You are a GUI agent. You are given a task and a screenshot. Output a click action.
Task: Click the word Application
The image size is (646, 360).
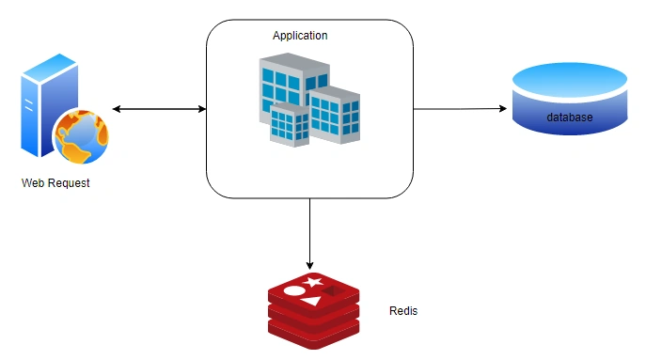(300, 36)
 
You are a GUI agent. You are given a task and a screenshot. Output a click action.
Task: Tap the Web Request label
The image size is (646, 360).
(55, 183)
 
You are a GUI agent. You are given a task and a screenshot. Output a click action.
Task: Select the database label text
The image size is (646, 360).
(570, 117)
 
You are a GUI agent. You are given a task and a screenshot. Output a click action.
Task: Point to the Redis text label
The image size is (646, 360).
(403, 310)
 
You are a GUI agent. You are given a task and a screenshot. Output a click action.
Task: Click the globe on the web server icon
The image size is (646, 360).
(82, 136)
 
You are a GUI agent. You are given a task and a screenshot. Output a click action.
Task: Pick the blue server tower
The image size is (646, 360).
(49, 105)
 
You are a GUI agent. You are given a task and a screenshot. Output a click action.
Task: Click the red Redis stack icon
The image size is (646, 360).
(313, 310)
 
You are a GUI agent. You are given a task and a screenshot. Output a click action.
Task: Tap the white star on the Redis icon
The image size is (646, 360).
(313, 282)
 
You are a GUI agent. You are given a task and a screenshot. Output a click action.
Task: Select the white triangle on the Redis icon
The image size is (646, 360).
(311, 301)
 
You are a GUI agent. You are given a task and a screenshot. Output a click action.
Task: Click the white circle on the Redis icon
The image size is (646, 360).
(294, 291)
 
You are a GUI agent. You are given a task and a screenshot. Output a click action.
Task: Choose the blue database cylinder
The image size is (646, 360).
(570, 99)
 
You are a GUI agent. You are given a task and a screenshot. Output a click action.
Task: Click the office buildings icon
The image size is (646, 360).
(309, 100)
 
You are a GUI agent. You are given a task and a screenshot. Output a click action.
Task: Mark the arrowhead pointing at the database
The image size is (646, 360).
(503, 109)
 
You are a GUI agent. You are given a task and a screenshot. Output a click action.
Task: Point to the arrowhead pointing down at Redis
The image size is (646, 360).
(309, 265)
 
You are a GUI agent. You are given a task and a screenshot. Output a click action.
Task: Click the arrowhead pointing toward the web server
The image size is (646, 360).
(117, 109)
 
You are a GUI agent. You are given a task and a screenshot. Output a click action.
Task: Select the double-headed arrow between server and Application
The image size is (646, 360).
(159, 109)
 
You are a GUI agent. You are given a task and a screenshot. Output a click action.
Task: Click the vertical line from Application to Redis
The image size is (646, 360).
(309, 234)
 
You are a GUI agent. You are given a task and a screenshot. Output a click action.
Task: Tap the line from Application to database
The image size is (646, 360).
(460, 109)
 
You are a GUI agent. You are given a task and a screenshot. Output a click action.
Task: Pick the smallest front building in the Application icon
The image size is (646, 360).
(290, 125)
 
